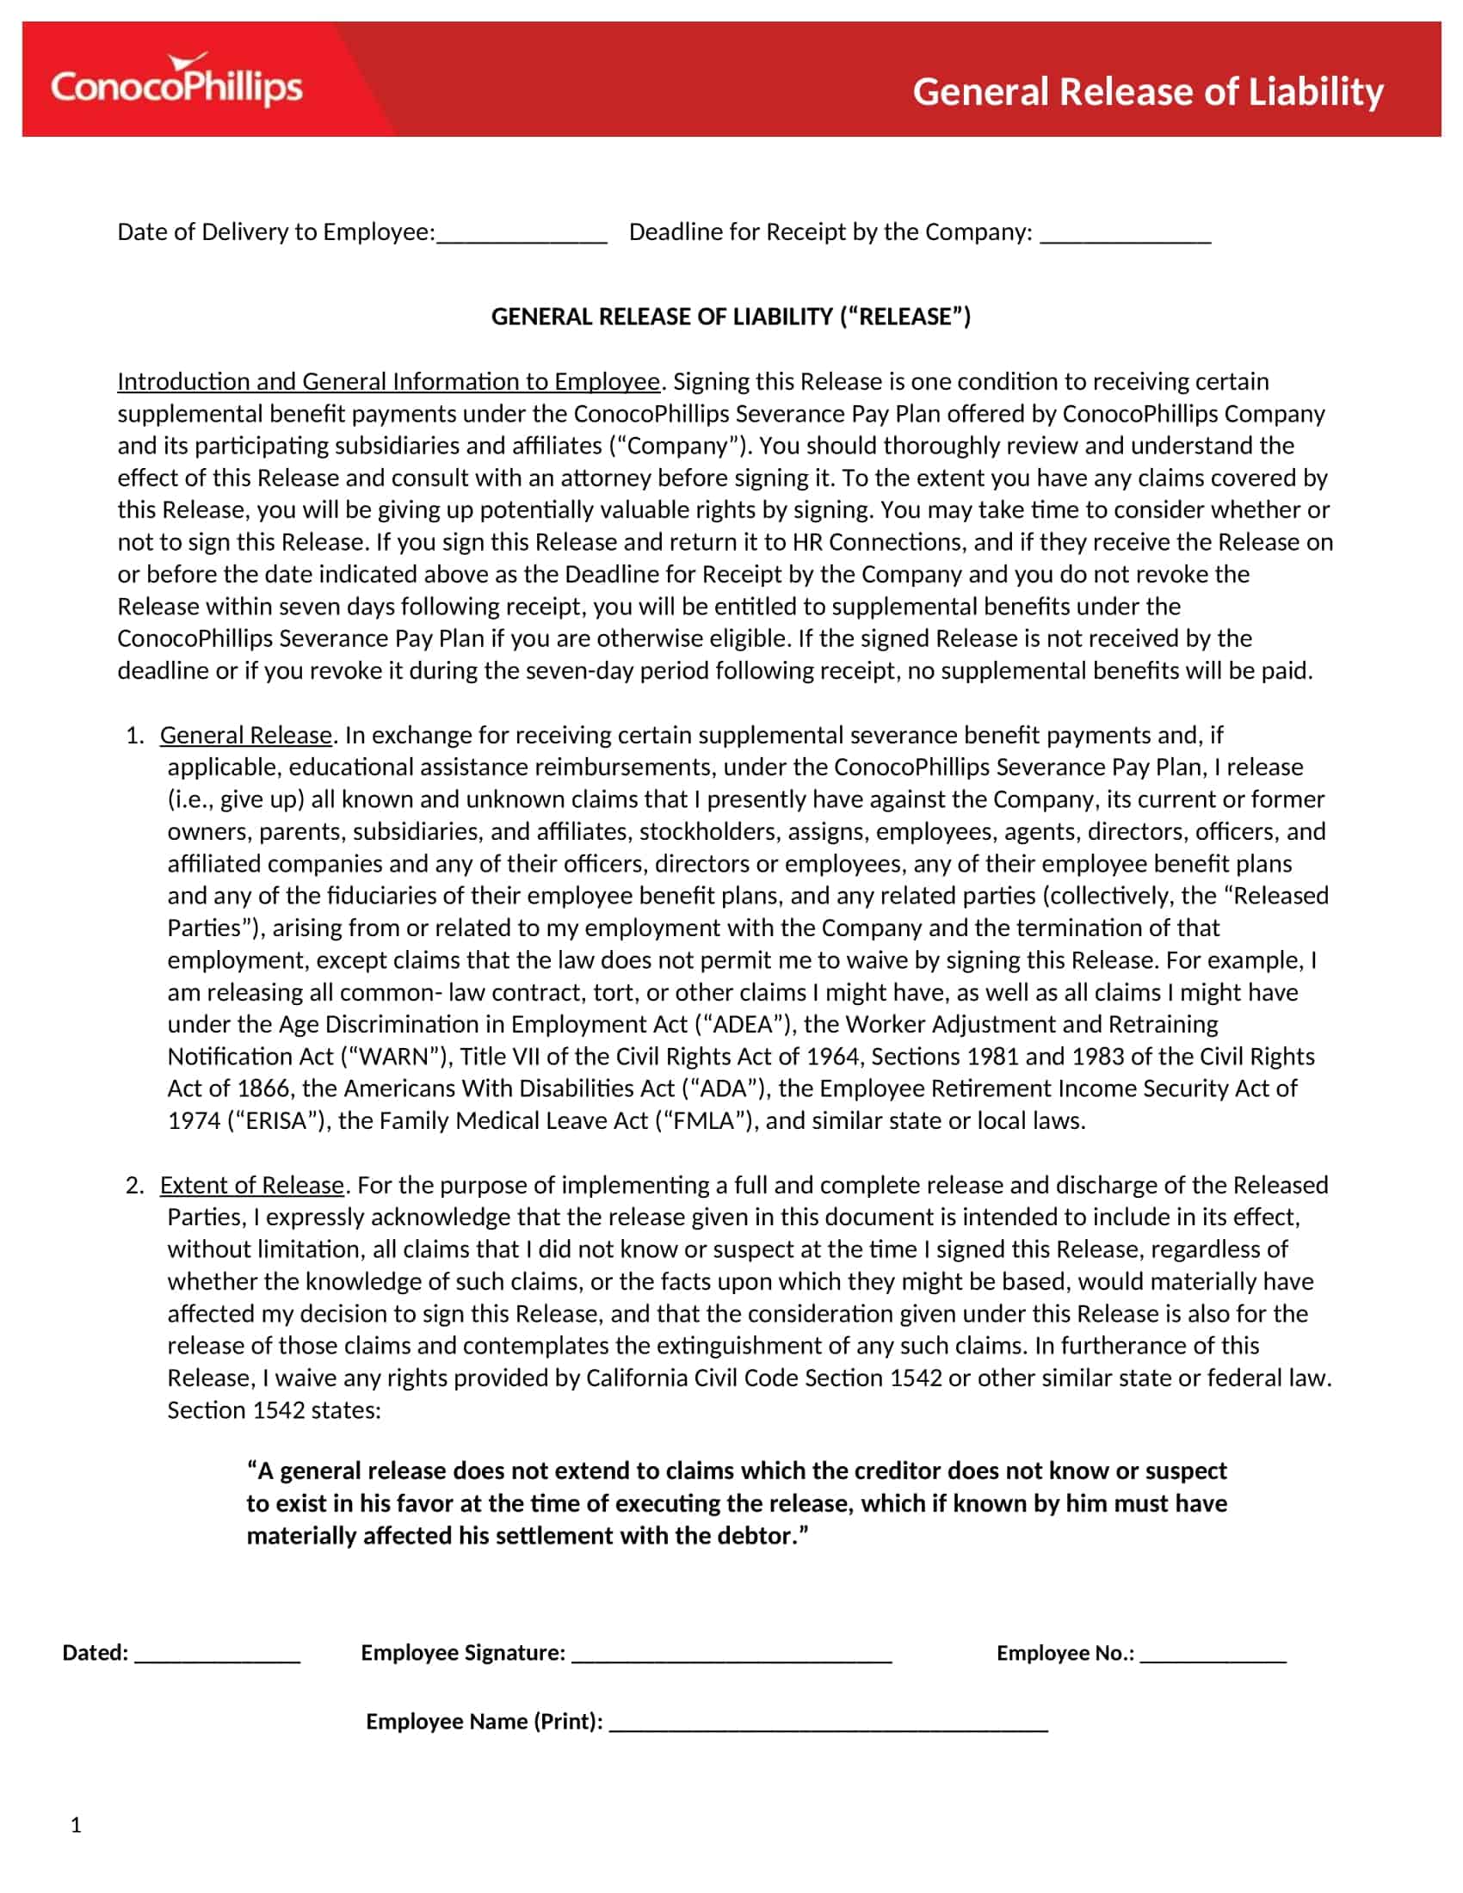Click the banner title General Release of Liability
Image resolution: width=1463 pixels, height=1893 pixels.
[x=1147, y=92]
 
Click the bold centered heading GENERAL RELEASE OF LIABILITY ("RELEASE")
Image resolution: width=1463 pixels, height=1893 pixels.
[x=731, y=317]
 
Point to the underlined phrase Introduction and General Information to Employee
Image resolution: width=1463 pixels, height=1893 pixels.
[x=388, y=381]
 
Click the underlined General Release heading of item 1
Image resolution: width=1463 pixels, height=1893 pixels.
[x=246, y=735]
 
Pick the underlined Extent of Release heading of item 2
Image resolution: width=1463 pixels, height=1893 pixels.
[x=252, y=1185]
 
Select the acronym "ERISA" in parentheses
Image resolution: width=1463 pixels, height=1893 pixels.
[x=276, y=1120]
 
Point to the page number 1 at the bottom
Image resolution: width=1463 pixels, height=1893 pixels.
[x=77, y=1825]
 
